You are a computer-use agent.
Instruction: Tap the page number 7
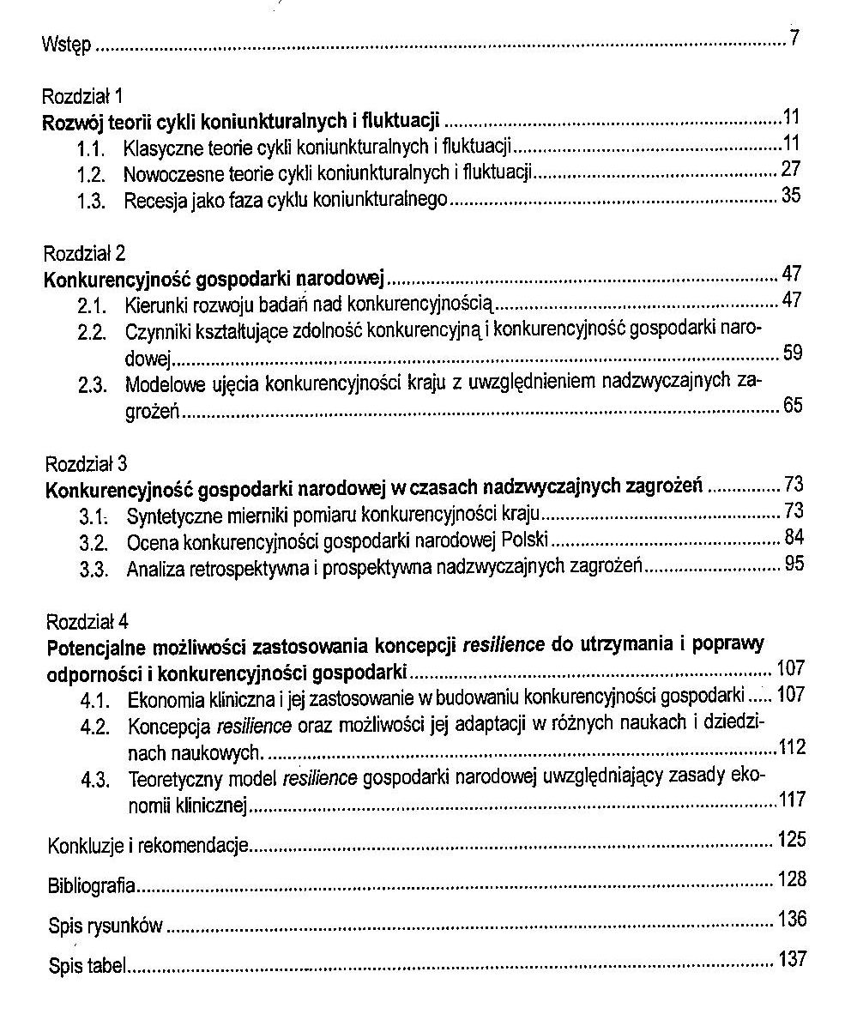[x=794, y=38]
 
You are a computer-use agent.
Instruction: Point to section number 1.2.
[x=90, y=174]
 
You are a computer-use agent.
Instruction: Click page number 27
[x=791, y=168]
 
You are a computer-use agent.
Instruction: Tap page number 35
[x=791, y=196]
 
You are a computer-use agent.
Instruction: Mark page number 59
[x=793, y=352]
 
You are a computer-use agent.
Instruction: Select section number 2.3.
[x=92, y=385]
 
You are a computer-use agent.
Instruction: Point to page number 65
[x=793, y=406]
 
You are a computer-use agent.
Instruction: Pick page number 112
[x=793, y=746]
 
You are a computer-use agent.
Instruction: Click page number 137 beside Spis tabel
[x=792, y=959]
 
